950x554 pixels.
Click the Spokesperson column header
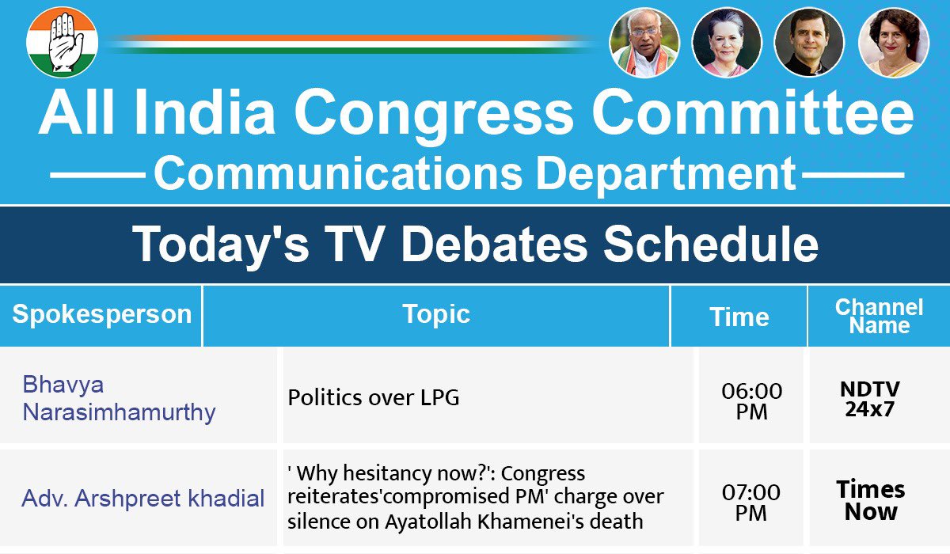click(x=101, y=314)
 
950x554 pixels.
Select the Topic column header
click(x=436, y=314)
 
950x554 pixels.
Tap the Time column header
click(x=739, y=317)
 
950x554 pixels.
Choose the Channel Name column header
click(x=879, y=317)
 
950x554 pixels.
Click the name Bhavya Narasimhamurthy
click(x=119, y=398)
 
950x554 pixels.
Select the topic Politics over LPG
click(x=373, y=397)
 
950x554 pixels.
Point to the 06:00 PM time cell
click(x=751, y=400)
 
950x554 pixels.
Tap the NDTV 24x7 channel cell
click(x=869, y=399)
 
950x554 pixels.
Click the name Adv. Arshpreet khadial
click(x=142, y=499)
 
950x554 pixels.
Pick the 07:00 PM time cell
click(x=751, y=502)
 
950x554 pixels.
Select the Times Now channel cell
click(x=870, y=499)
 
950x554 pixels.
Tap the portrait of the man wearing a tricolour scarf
click(x=644, y=43)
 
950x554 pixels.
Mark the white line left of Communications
click(x=97, y=173)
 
